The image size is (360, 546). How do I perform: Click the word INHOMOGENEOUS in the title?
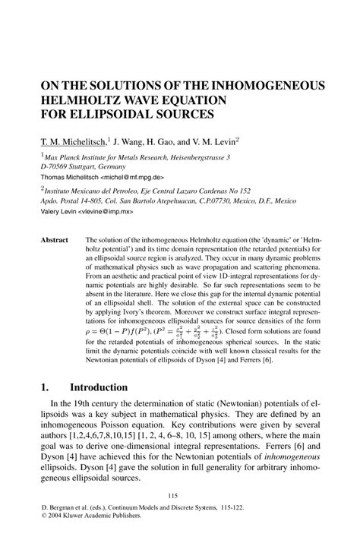pyautogui.click(x=259, y=86)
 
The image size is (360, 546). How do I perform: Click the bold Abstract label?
pyautogui.click(x=54, y=240)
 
